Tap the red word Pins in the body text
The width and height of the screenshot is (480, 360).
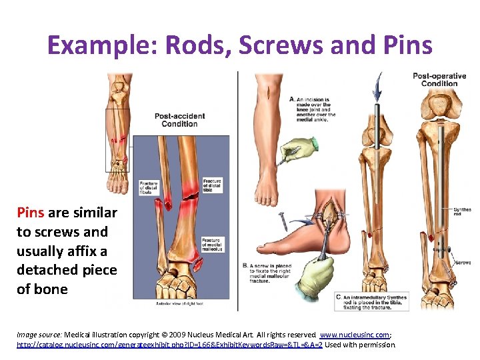click(x=31, y=213)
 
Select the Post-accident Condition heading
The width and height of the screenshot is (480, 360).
click(x=180, y=120)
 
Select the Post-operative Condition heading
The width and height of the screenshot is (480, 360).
click(x=439, y=79)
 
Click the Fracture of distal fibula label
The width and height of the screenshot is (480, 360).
click(x=148, y=187)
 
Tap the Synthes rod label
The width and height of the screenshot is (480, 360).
click(x=462, y=213)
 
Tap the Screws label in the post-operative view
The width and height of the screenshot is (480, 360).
click(x=463, y=263)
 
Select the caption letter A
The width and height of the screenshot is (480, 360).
click(x=292, y=99)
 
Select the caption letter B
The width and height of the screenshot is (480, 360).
click(x=245, y=265)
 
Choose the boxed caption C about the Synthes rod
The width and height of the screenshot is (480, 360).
click(x=372, y=301)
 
